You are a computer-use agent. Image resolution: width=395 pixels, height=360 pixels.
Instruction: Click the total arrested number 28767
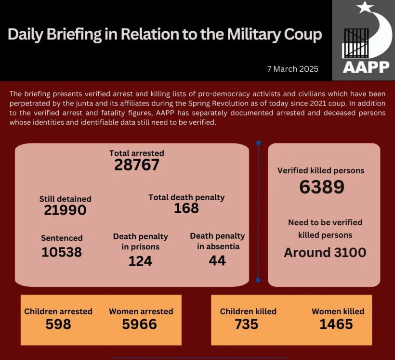click(x=137, y=165)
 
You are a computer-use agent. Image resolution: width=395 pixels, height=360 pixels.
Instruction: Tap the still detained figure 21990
click(x=65, y=210)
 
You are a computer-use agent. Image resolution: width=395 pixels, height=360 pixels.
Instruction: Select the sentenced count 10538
click(x=62, y=252)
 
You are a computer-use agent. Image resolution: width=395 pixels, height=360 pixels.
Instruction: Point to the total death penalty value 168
click(x=186, y=208)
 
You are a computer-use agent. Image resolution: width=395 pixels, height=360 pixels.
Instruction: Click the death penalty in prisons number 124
click(x=140, y=261)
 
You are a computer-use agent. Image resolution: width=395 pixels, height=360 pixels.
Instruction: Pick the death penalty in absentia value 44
click(x=217, y=260)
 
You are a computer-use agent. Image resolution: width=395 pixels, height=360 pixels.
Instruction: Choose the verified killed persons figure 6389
click(x=321, y=187)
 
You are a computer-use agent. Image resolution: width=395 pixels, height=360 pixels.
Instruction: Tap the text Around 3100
click(x=325, y=252)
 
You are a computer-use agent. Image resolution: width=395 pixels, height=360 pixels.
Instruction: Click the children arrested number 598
click(x=58, y=324)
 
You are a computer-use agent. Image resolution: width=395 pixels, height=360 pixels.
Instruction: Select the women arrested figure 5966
click(x=140, y=324)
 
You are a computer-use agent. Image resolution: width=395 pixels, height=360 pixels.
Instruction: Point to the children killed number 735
click(x=247, y=324)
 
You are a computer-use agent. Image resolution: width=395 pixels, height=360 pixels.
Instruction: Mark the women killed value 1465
click(x=336, y=324)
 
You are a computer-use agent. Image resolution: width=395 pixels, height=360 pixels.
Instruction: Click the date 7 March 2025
click(x=293, y=69)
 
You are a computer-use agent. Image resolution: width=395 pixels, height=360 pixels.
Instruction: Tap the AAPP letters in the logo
click(x=366, y=66)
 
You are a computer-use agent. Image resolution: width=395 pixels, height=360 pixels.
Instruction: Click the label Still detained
click(x=66, y=199)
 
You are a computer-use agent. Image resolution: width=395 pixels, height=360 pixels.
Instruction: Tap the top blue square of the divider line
click(x=259, y=143)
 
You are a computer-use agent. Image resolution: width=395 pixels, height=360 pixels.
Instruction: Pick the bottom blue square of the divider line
click(x=259, y=280)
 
